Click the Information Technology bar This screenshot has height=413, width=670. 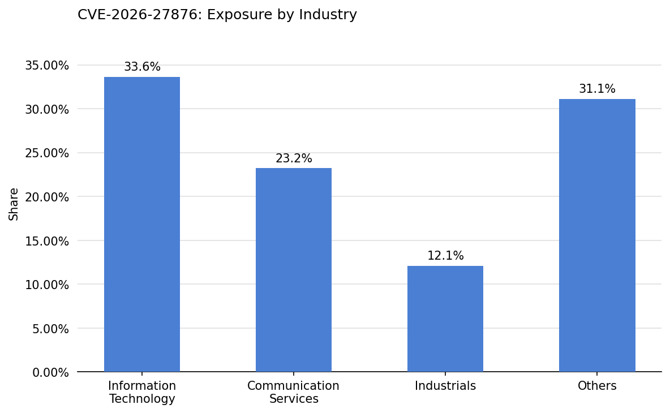tap(142, 225)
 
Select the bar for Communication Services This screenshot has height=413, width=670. tap(294, 270)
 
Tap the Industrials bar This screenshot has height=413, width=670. tap(445, 319)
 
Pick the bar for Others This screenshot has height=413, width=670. tap(597, 235)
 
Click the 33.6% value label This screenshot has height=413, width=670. tap(142, 67)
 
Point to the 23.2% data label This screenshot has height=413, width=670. tap(294, 159)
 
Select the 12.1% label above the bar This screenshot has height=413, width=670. tap(445, 256)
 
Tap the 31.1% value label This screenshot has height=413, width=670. tap(597, 89)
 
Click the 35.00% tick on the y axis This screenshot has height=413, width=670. tap(47, 66)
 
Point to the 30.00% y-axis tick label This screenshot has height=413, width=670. tap(47, 109)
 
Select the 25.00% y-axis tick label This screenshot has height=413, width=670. tap(47, 153)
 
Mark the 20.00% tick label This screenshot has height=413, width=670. tap(47, 197)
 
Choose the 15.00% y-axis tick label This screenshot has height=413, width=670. tap(47, 241)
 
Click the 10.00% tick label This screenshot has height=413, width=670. tap(47, 285)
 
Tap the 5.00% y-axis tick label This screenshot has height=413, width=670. tap(50, 329)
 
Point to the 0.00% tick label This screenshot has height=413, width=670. tap(50, 372)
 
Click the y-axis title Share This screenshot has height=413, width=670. tap(14, 204)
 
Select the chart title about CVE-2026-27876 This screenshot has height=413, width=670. tap(217, 15)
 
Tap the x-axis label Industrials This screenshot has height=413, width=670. tap(445, 386)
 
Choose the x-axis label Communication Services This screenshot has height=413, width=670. tap(294, 393)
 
